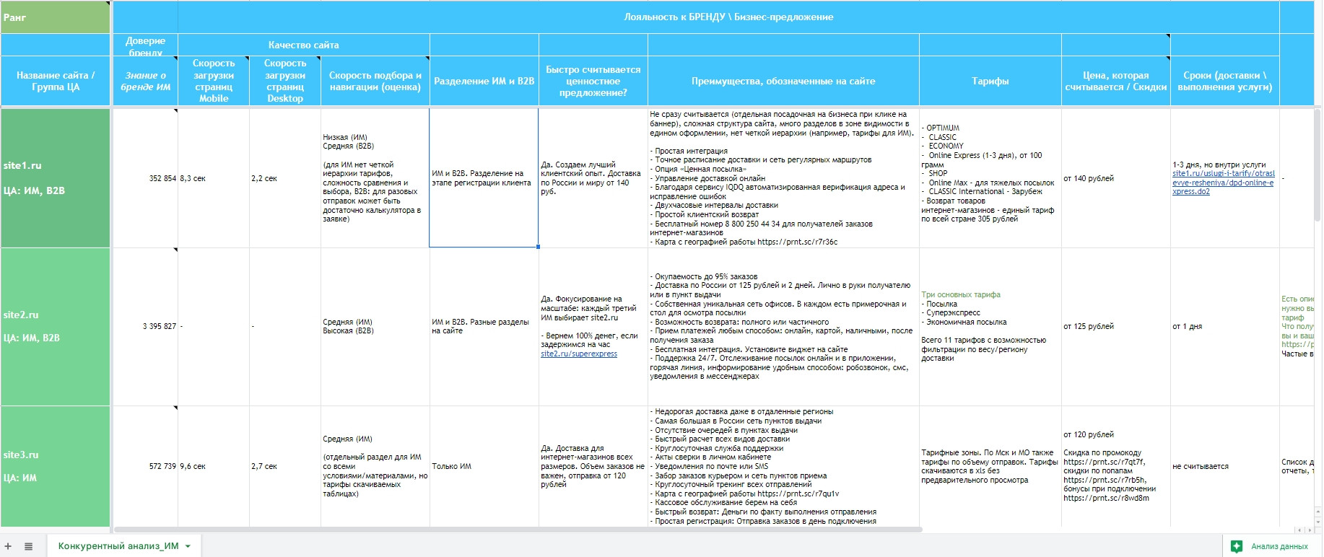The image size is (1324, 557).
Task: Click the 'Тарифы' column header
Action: point(990,81)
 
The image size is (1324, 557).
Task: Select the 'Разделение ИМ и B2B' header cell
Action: point(484,81)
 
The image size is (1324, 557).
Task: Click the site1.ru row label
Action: point(22,165)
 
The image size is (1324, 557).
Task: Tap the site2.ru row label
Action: point(21,315)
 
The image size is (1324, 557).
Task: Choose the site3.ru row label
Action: point(21,455)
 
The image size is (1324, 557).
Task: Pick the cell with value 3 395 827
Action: point(160,326)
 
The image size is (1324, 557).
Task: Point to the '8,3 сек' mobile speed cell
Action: point(193,178)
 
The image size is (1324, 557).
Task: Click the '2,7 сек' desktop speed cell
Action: point(264,466)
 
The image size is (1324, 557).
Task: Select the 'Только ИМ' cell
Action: point(452,466)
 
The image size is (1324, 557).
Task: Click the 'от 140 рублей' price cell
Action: point(1089,178)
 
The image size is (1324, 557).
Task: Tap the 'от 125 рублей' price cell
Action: point(1089,326)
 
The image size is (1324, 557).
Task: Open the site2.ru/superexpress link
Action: point(579,354)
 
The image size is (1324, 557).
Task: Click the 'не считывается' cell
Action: point(1201,466)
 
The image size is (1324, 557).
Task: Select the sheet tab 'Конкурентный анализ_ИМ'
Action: point(118,546)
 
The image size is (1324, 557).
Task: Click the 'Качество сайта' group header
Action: point(303,45)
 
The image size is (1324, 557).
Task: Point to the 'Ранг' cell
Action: point(14,17)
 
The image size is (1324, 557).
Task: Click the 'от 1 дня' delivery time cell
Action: point(1188,326)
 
